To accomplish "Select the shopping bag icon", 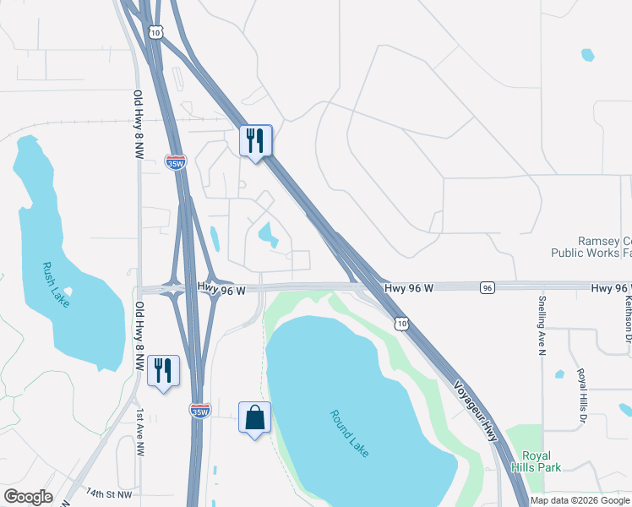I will coord(254,417).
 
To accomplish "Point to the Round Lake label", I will coord(350,433).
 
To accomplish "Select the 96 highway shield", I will coord(487,288).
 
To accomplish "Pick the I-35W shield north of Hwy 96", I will coord(176,163).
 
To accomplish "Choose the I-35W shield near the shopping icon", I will coord(199,411).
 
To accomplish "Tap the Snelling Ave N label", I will coord(542,326).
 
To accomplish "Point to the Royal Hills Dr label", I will coord(581,395).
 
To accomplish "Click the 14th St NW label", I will coord(108,492).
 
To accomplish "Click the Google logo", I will coord(28,497).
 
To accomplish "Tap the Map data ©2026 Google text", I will coord(580,500).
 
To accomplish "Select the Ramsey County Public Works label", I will coord(591,247).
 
